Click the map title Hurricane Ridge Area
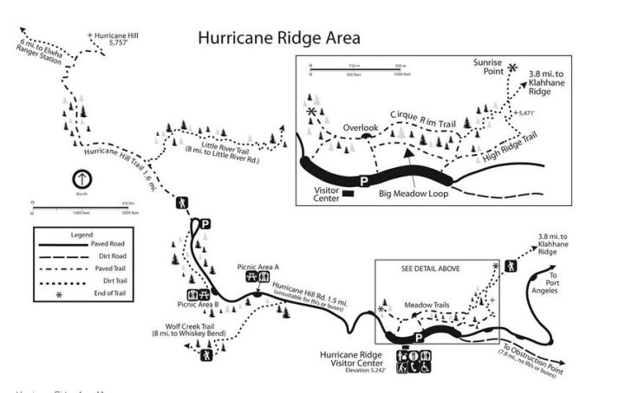[x=278, y=38]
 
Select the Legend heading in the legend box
[x=72, y=235]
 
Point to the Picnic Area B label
[x=198, y=305]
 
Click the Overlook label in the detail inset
[x=360, y=128]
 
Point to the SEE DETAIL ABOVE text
[x=431, y=269]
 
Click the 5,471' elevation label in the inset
[x=524, y=113]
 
